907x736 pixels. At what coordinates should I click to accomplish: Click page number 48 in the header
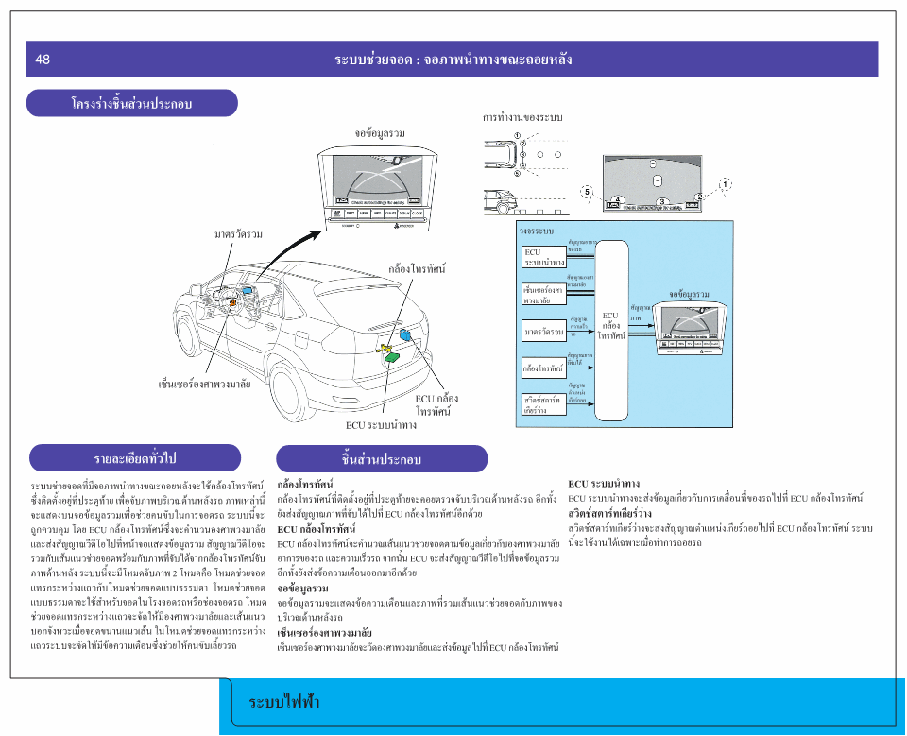click(43, 60)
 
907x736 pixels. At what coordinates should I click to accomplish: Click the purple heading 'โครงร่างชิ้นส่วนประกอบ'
click(131, 103)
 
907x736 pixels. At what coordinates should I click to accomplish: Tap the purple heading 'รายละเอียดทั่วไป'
click(135, 458)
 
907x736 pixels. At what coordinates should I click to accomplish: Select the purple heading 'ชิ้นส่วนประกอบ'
click(382, 459)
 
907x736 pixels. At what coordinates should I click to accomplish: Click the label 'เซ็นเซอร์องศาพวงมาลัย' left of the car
click(204, 385)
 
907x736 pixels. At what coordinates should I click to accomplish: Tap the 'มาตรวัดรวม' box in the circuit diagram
click(544, 332)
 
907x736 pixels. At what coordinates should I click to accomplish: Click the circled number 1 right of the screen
click(725, 183)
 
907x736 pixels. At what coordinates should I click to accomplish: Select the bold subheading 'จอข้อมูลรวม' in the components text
click(303, 589)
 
